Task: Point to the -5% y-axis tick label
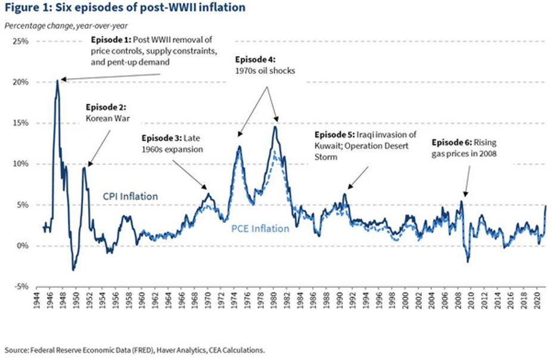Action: click(21, 287)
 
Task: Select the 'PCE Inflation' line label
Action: click(260, 228)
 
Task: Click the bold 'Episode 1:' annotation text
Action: click(111, 40)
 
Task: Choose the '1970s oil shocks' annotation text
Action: click(265, 70)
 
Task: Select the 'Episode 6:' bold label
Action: click(450, 143)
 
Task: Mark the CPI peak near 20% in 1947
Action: click(57, 80)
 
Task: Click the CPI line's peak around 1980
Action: click(275, 126)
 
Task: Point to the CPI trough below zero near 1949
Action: click(73, 269)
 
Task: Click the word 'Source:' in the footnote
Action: click(15, 350)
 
